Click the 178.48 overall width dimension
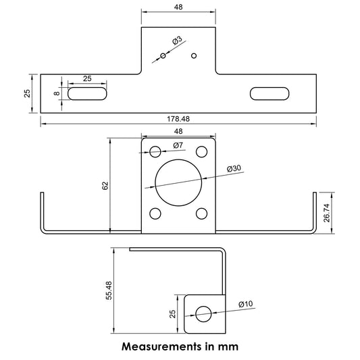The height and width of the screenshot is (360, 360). tap(178, 119)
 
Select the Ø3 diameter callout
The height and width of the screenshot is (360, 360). tap(177, 40)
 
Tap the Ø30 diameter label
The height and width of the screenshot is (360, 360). tap(234, 169)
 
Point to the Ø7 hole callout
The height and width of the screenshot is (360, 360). tap(178, 145)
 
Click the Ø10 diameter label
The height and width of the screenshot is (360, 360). tap(246, 304)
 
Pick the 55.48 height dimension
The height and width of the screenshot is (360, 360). tap(109, 290)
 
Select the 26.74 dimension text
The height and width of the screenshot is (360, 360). tap(326, 213)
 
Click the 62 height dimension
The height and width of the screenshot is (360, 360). tap(105, 186)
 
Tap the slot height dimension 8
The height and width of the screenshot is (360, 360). tap(57, 93)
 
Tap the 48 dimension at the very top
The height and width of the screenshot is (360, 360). tap(178, 7)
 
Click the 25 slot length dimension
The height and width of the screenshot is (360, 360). tap(87, 78)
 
